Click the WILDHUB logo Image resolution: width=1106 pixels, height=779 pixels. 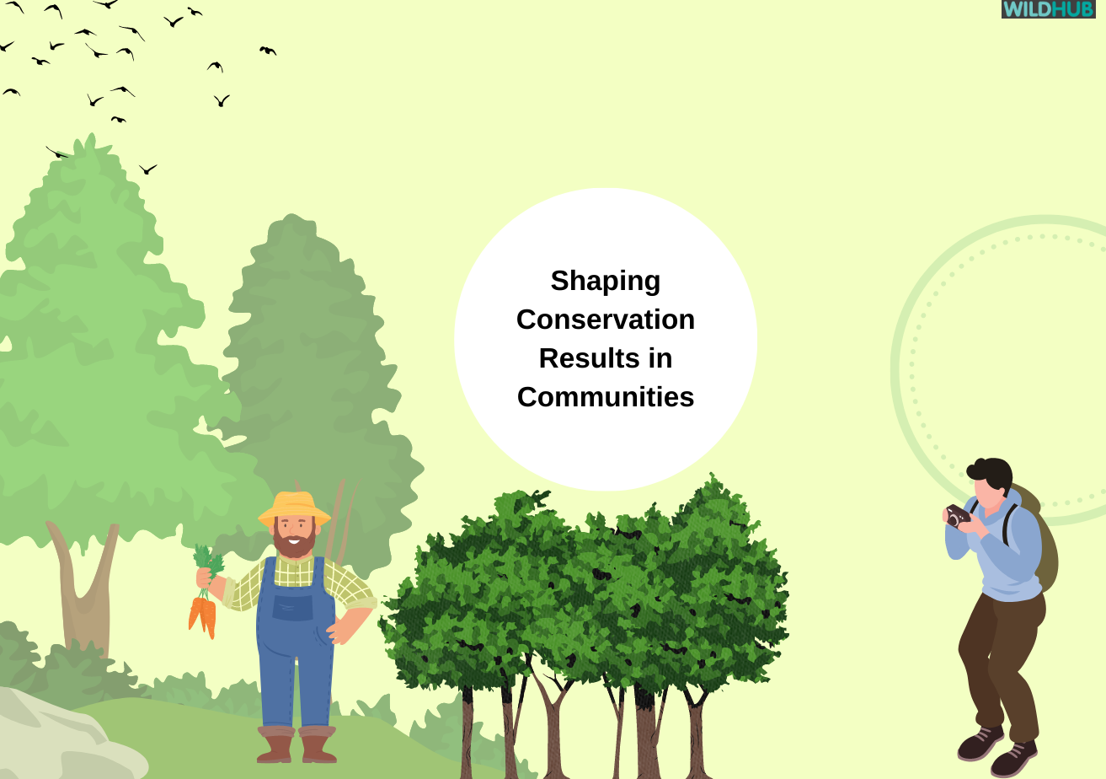tap(1048, 9)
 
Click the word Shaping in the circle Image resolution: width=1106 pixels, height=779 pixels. tap(605, 281)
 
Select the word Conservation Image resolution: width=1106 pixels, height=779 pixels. tap(605, 320)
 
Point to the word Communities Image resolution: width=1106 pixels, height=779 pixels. tap(605, 397)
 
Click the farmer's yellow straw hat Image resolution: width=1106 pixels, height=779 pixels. tap(294, 507)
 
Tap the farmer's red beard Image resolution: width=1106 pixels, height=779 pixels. tap(295, 540)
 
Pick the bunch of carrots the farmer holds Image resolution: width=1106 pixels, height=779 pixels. tap(203, 611)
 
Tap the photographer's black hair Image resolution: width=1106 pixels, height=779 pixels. tap(994, 471)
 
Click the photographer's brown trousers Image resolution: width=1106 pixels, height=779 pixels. tap(998, 658)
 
